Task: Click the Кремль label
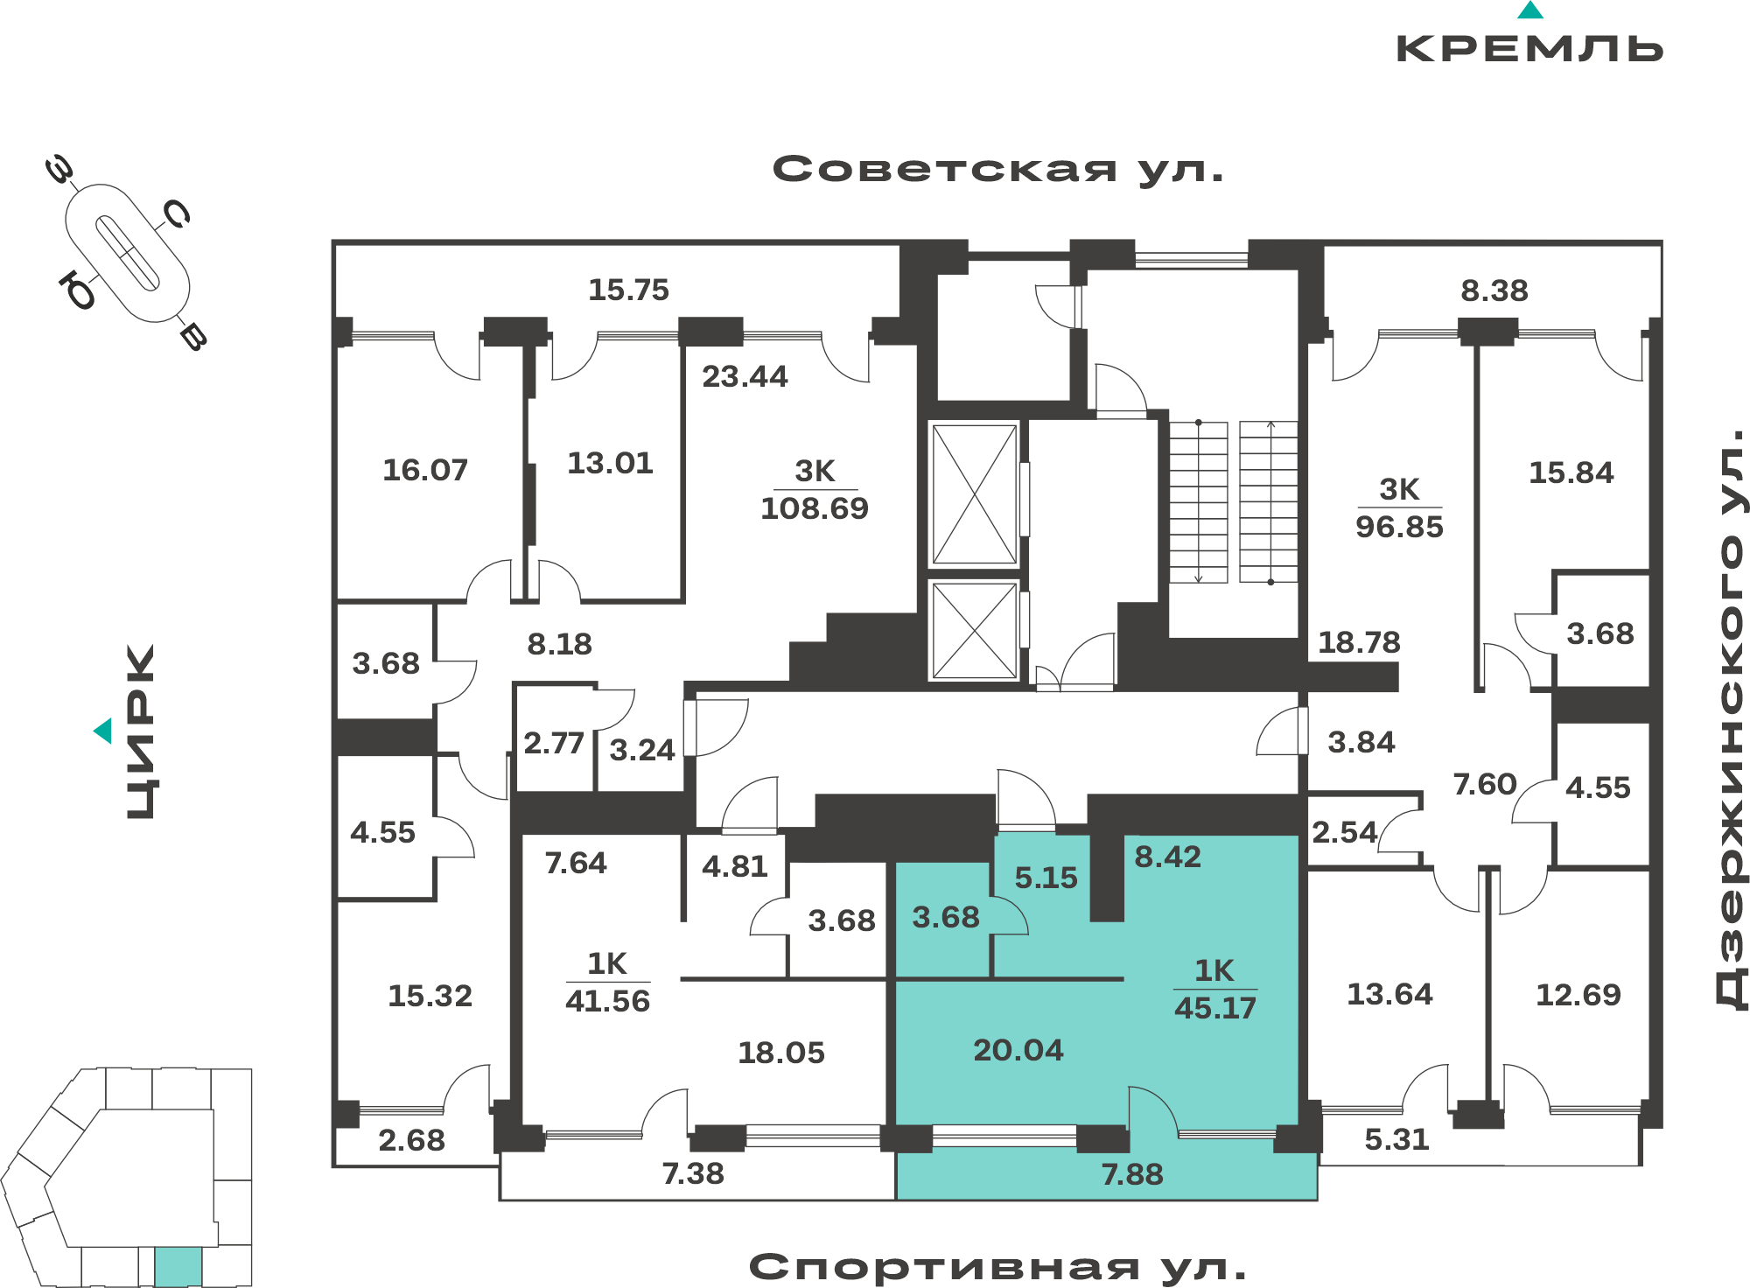1529,48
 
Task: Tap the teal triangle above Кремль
1530,10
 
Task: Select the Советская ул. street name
997,169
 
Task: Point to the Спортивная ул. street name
997,1266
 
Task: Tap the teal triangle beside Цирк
103,731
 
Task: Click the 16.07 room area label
425,470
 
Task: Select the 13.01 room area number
610,463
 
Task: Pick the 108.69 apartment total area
815,508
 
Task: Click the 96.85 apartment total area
1399,527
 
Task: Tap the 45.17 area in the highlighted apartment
1215,1008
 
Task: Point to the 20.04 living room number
1018,1050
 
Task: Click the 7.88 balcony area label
1132,1174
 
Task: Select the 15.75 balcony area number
628,290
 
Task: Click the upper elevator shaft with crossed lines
975,494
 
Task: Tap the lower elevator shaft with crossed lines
975,631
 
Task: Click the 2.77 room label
553,744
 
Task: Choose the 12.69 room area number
1578,995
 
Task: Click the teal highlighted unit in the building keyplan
178,1267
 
